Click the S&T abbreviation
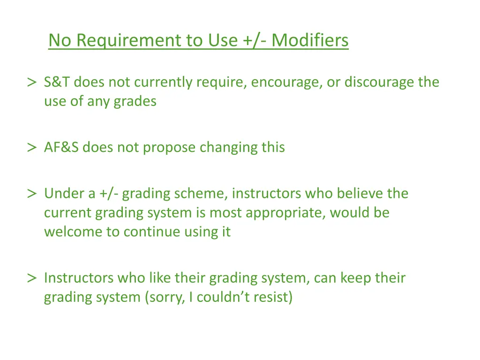57,82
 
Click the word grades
135,101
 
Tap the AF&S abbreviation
62,148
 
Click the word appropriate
286,213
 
